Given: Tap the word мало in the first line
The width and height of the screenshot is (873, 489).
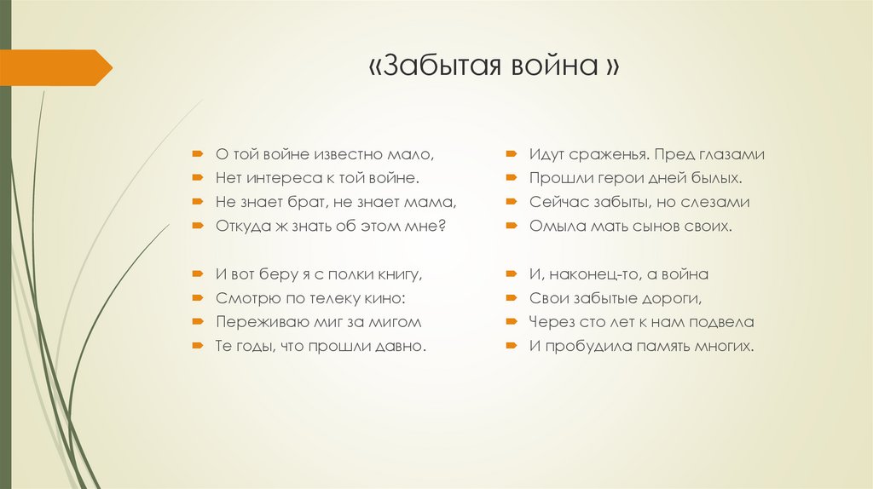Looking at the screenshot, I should [x=414, y=155].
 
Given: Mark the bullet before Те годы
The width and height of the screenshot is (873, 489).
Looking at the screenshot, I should [x=196, y=347].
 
